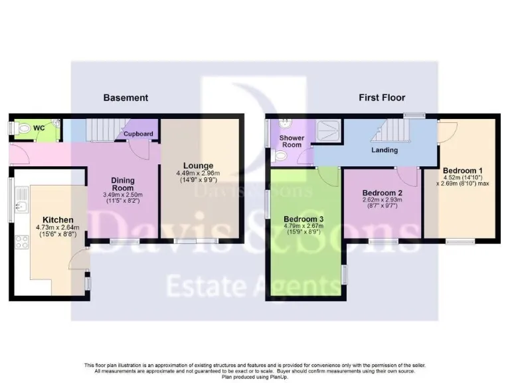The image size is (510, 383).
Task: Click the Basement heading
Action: tap(126, 98)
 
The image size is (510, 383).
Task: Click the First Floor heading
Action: tap(382, 98)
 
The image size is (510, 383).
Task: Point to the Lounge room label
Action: tap(199, 166)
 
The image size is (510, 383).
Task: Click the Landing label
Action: tap(384, 150)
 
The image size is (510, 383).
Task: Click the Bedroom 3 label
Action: tap(304, 219)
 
